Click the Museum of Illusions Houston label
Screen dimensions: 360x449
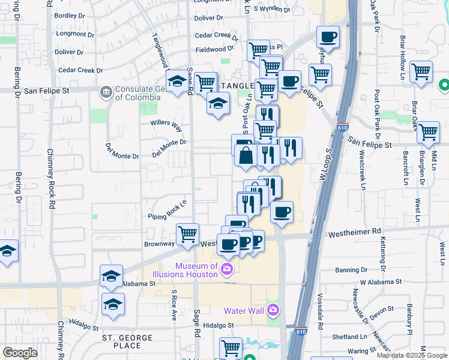pyautogui.click(x=196, y=270)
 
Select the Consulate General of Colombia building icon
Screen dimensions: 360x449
pyautogui.click(x=106, y=91)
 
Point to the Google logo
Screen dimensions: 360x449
pyautogui.click(x=20, y=353)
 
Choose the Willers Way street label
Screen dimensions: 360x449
pyautogui.click(x=166, y=126)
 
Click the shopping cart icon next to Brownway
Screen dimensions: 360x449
pyautogui.click(x=188, y=234)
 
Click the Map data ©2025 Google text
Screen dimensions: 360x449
pyautogui.click(x=411, y=355)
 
